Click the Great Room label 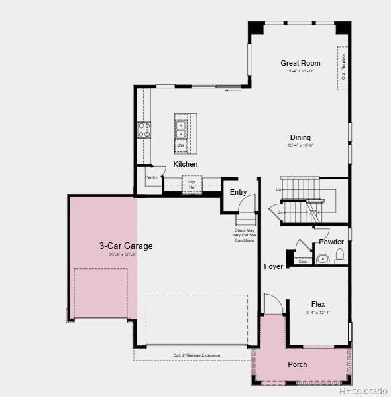click(300, 63)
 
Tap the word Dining click(300, 138)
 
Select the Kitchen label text click(186, 164)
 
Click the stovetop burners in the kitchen click(144, 130)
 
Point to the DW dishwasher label click(180, 145)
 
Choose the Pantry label click(151, 177)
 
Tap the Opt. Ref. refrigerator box click(192, 184)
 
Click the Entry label click(239, 192)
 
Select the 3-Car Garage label click(126, 246)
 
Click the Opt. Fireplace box click(343, 66)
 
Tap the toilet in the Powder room click(339, 256)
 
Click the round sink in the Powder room click(323, 259)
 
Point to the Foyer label click(274, 266)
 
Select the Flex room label click(318, 304)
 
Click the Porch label click(298, 364)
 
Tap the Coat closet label click(303, 261)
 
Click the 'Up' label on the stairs click(278, 189)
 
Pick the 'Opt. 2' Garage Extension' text click(196, 355)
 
